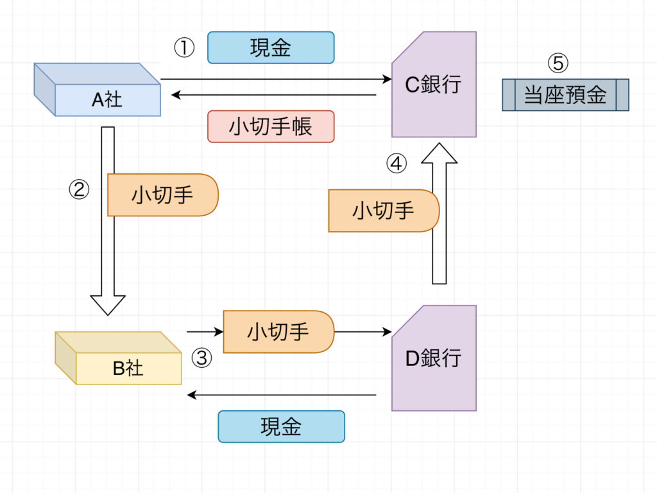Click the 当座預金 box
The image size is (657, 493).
(x=565, y=95)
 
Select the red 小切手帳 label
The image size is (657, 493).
(x=271, y=126)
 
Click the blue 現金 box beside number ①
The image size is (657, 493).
(x=271, y=48)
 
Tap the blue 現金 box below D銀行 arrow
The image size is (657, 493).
(x=281, y=427)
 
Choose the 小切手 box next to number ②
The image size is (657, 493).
(x=163, y=195)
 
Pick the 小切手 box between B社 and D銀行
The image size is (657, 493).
(x=278, y=332)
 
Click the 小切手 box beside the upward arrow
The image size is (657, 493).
(x=383, y=211)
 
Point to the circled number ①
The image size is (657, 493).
(x=184, y=48)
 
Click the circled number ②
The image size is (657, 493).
(x=79, y=189)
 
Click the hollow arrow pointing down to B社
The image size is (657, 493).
(x=108, y=218)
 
